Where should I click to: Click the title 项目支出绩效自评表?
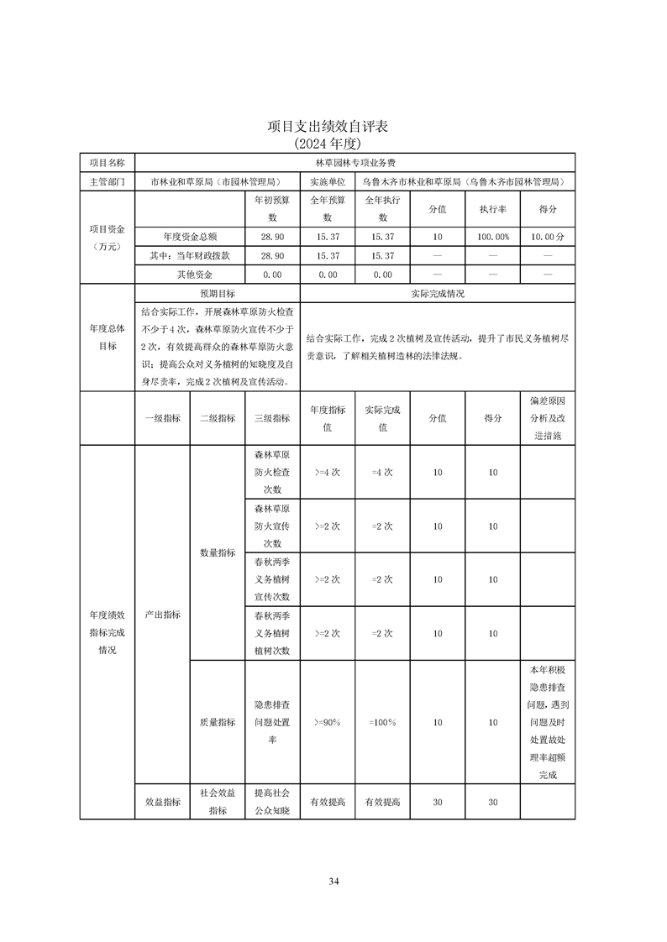pyautogui.click(x=333, y=127)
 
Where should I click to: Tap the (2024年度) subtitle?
pyautogui.click(x=333, y=144)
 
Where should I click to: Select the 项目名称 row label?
pyautogui.click(x=107, y=162)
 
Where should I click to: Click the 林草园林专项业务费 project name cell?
pyautogui.click(x=355, y=162)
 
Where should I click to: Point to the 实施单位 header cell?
pyautogui.click(x=328, y=181)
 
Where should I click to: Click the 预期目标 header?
pyautogui.click(x=217, y=294)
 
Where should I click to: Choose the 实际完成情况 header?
pyautogui.click(x=437, y=294)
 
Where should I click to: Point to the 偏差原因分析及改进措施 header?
pyautogui.click(x=548, y=418)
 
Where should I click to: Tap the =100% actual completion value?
pyautogui.click(x=382, y=722)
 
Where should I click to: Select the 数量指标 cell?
pyautogui.click(x=217, y=552)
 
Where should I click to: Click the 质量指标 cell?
pyautogui.click(x=217, y=722)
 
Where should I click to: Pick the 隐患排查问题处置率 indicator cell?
pyautogui.click(x=271, y=722)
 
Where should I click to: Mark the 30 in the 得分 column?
pyautogui.click(x=493, y=803)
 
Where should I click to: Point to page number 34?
pyautogui.click(x=333, y=881)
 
